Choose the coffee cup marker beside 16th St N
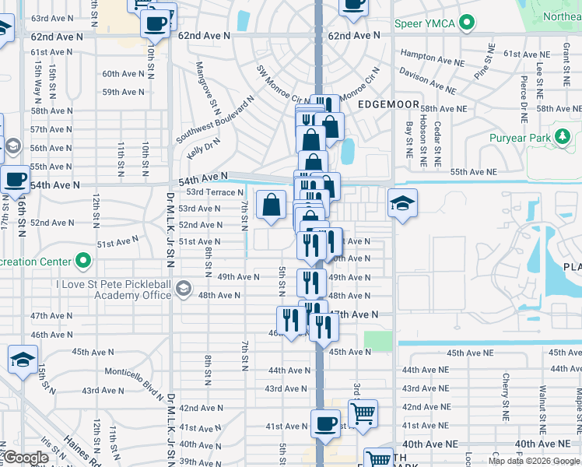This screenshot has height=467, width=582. pyautogui.click(x=15, y=179)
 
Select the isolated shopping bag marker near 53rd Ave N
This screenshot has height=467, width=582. pyautogui.click(x=271, y=205)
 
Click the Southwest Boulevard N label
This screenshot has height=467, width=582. pyautogui.click(x=215, y=120)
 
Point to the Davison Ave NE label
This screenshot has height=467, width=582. pyautogui.click(x=427, y=80)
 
